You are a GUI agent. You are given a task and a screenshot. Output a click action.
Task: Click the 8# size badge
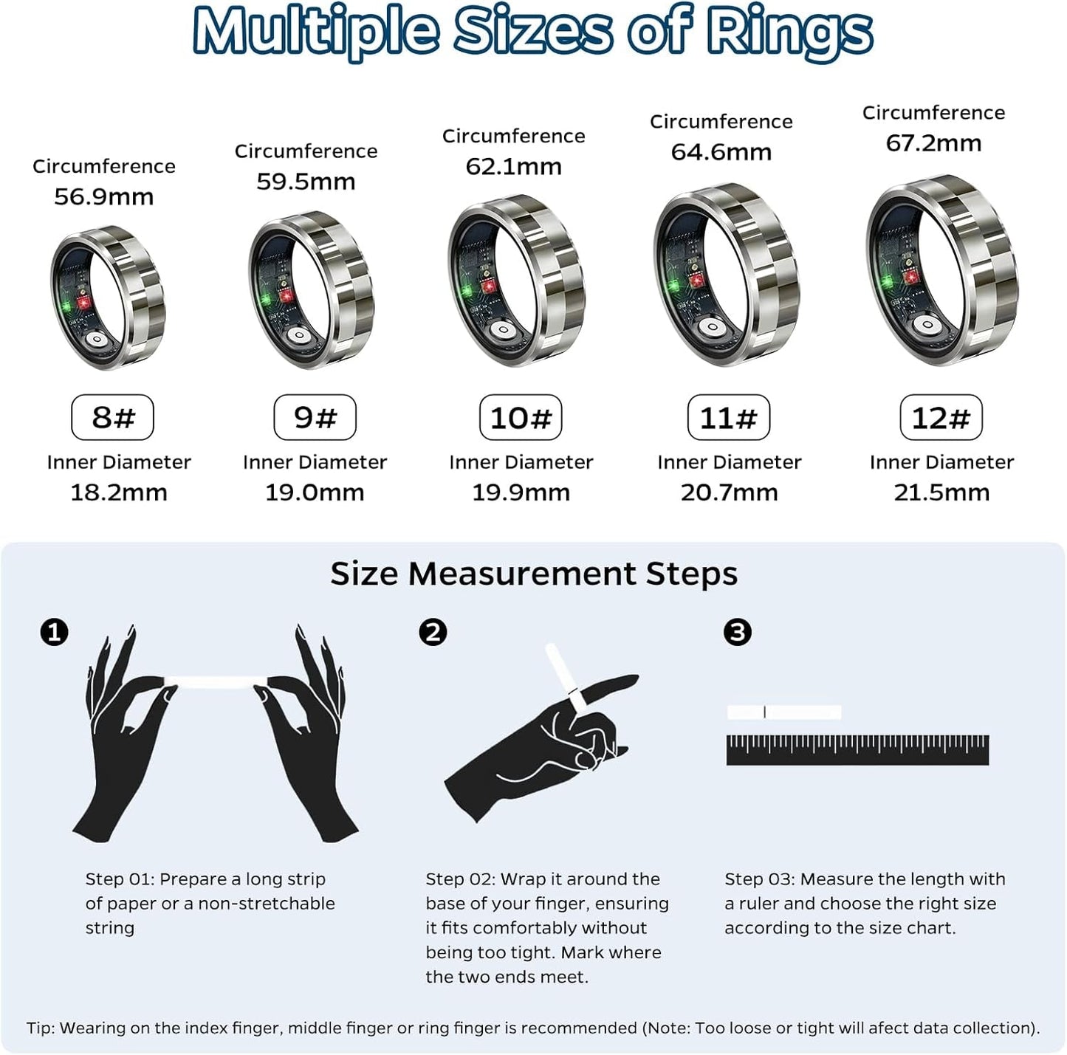pos(112,417)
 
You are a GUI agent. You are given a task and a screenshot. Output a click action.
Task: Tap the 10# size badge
pos(521,418)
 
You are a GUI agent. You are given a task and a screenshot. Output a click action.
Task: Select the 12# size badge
pos(941,418)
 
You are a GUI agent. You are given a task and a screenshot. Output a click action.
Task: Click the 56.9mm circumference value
pos(104,196)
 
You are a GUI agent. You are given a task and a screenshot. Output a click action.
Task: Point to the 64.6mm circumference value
pos(721,152)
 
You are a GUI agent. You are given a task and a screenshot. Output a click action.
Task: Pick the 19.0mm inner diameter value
pos(315,492)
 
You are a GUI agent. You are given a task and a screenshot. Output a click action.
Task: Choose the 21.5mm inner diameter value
pos(941,492)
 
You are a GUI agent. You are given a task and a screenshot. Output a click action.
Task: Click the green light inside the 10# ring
pos(467,291)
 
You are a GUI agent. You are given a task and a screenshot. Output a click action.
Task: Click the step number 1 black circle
pos(54,633)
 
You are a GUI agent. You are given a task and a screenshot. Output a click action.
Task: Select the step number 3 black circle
pos(737,633)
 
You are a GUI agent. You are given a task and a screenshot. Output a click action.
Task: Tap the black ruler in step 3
pos(857,749)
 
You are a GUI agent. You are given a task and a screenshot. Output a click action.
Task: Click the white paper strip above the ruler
pos(783,712)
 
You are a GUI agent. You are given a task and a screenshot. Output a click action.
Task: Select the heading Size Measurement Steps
pos(533,574)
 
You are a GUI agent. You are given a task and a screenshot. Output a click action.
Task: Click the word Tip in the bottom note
pos(40,1028)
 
